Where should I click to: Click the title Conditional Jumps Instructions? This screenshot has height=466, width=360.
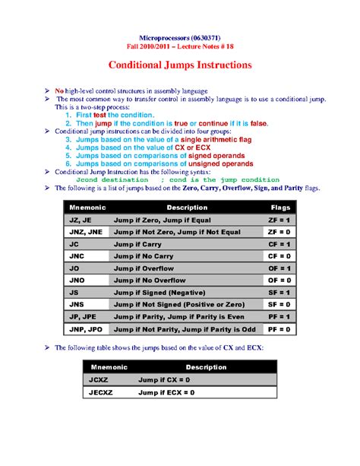(x=180, y=65)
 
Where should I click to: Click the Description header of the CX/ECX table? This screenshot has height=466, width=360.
(x=185, y=366)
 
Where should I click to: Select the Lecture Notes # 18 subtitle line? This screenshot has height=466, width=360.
(x=180, y=46)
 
